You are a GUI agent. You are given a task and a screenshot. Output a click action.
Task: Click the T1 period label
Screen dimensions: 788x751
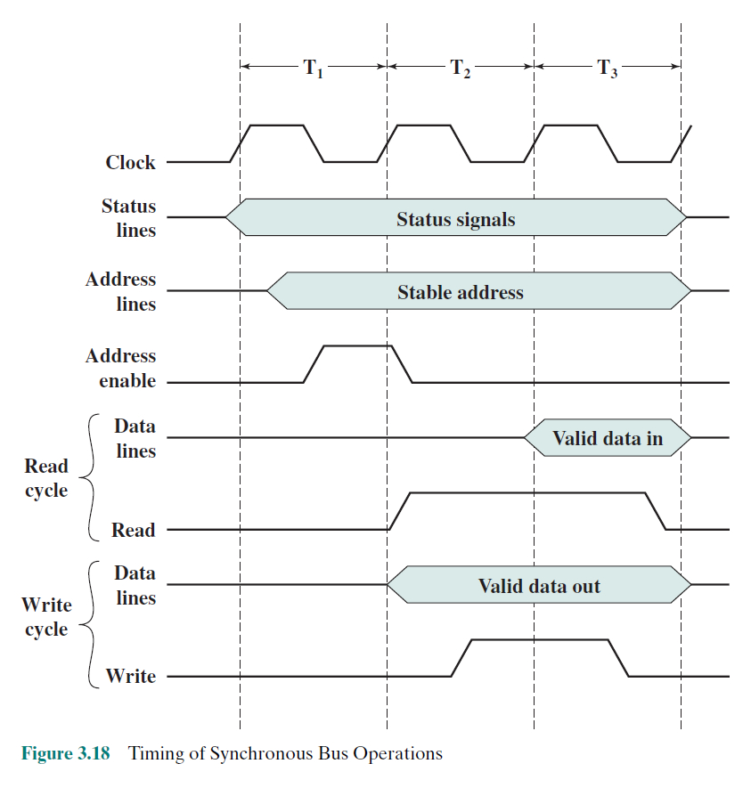(313, 69)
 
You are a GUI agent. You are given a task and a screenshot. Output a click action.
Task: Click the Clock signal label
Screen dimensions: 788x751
(130, 163)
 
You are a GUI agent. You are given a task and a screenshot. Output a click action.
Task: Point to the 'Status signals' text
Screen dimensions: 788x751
(455, 219)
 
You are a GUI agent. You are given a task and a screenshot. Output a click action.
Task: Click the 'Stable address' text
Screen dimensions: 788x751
(460, 292)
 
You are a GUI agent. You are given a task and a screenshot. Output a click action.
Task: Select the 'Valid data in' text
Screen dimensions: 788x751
(608, 438)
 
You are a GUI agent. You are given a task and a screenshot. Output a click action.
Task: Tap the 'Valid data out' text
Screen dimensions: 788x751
(539, 586)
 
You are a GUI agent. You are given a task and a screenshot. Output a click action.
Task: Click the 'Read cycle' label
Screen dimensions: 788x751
(46, 478)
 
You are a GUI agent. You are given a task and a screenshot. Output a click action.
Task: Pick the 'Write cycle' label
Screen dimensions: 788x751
(46, 617)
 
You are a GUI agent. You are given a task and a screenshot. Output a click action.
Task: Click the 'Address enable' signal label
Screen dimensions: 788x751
(120, 369)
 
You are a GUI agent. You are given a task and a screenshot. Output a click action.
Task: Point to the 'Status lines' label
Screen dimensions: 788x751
(128, 218)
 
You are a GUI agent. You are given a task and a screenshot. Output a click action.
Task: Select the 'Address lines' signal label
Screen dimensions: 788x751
(120, 292)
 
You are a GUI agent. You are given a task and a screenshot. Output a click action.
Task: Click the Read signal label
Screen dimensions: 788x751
(133, 531)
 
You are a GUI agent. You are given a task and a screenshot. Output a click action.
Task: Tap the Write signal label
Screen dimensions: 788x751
(130, 677)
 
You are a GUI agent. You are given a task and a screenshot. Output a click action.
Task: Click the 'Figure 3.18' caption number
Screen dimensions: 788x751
(66, 753)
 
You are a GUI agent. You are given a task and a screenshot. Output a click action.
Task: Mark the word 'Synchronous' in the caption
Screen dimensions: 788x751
(263, 753)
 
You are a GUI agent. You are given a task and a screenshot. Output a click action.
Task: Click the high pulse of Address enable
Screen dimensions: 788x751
(355, 345)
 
